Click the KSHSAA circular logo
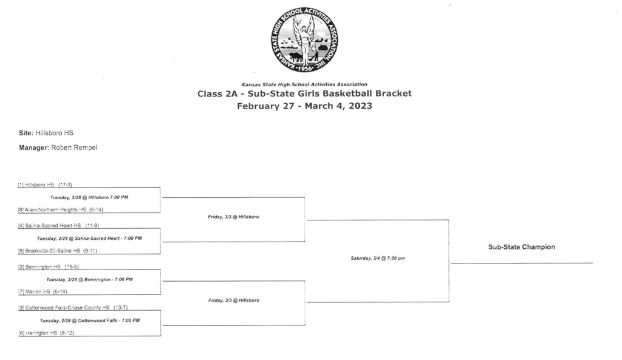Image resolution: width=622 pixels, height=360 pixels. pyautogui.click(x=304, y=39)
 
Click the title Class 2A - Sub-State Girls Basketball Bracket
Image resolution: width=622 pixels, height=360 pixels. pyautogui.click(x=305, y=93)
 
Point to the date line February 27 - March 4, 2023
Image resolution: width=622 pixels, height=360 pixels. pyautogui.click(x=305, y=106)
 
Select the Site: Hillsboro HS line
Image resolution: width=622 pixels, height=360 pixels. pyautogui.click(x=46, y=133)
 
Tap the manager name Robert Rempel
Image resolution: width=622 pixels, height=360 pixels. pyautogui.click(x=74, y=148)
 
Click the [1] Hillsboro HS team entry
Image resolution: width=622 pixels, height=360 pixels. pyautogui.click(x=45, y=185)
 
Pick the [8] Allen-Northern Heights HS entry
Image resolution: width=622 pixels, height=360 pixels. pyautogui.click(x=61, y=209)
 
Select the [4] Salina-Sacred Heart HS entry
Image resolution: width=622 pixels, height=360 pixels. pyautogui.click(x=58, y=226)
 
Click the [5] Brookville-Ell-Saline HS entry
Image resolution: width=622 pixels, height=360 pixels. pyautogui.click(x=58, y=251)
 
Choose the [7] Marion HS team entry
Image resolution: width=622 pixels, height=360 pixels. pyautogui.click(x=43, y=291)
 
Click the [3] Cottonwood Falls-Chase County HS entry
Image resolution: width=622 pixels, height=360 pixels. pyautogui.click(x=73, y=308)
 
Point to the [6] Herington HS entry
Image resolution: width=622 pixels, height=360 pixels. pyautogui.click(x=46, y=333)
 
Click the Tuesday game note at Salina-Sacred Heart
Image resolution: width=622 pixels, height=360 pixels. pyautogui.click(x=89, y=239)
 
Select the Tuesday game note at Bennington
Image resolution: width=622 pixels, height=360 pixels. pyautogui.click(x=90, y=279)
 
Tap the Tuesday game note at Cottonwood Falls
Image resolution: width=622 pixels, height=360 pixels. pyautogui.click(x=90, y=321)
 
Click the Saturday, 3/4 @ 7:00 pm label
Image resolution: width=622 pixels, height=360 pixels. pyautogui.click(x=378, y=258)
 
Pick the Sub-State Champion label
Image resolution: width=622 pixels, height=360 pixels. pyautogui.click(x=522, y=247)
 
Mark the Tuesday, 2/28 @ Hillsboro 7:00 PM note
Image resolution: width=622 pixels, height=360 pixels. pyautogui.click(x=89, y=197)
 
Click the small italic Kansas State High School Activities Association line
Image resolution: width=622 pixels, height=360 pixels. pyautogui.click(x=305, y=84)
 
